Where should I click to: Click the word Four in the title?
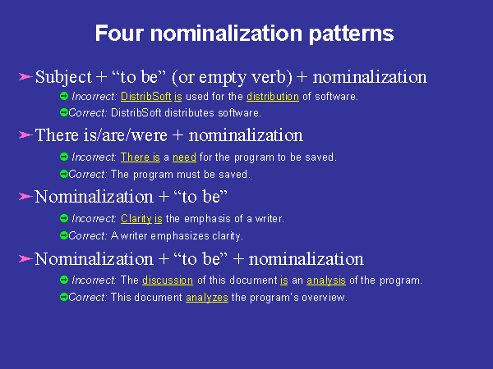pyautogui.click(x=119, y=34)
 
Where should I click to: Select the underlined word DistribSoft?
pyautogui.click(x=146, y=96)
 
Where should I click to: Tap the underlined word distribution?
pyautogui.click(x=273, y=96)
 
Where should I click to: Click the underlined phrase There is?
pyautogui.click(x=141, y=157)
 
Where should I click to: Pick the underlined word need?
pyautogui.click(x=184, y=157)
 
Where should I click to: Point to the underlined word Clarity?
pyautogui.click(x=136, y=218)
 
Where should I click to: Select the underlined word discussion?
pyautogui.click(x=168, y=280)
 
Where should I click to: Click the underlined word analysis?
pyautogui.click(x=326, y=280)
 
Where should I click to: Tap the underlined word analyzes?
pyautogui.click(x=207, y=297)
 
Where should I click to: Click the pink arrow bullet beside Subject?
pyautogui.click(x=25, y=76)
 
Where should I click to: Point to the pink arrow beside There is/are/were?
pyautogui.click(x=25, y=135)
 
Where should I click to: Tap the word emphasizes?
pyautogui.click(x=180, y=236)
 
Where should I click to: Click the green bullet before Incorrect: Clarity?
pyautogui.click(x=64, y=218)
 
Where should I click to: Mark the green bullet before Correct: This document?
pyautogui.click(x=64, y=297)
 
